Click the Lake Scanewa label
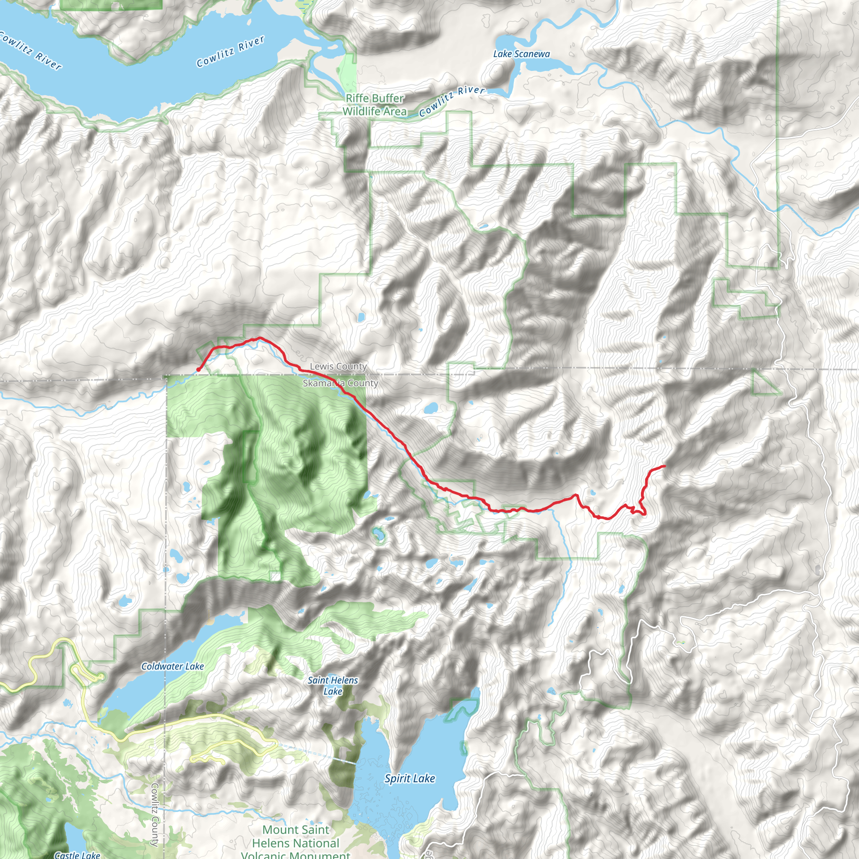[x=521, y=54]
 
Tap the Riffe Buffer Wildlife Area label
[x=375, y=104]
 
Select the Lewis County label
[x=338, y=366]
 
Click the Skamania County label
[x=340, y=383]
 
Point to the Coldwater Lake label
[x=172, y=666]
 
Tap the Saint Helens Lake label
[x=333, y=686]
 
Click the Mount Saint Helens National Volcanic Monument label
[x=296, y=843]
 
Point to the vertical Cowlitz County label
[x=155, y=814]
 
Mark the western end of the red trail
[x=198, y=370]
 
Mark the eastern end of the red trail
[x=665, y=466]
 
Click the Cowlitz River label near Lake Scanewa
[x=451, y=102]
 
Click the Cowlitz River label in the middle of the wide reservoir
[x=231, y=51]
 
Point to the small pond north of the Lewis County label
[x=361, y=317]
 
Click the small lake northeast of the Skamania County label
[x=430, y=408]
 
